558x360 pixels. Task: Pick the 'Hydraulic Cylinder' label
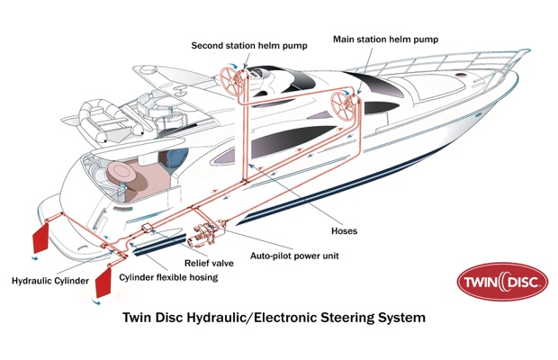(50, 282)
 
